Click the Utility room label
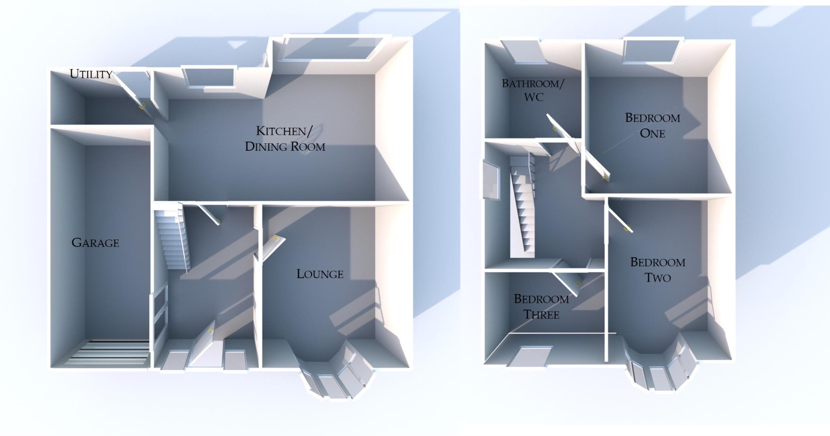pyautogui.click(x=91, y=74)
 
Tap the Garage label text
pyautogui.click(x=95, y=243)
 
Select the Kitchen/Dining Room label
pyautogui.click(x=285, y=139)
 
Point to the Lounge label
pyautogui.click(x=320, y=274)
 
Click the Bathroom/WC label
pyautogui.click(x=533, y=90)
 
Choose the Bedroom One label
pyautogui.click(x=652, y=125)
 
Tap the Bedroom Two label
pyautogui.click(x=658, y=269)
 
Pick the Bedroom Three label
pyautogui.click(x=541, y=306)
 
